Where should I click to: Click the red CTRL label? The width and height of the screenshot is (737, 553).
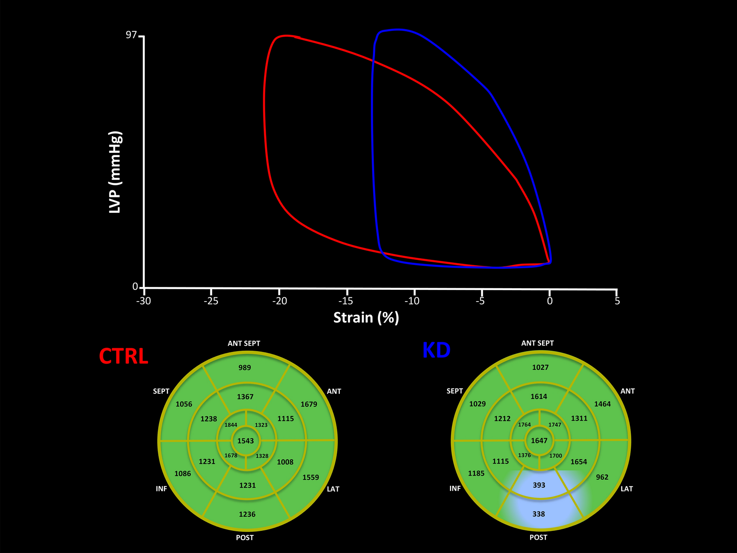(123, 356)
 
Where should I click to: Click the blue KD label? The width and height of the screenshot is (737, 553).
(436, 351)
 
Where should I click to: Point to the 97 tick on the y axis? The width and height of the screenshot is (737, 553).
(132, 35)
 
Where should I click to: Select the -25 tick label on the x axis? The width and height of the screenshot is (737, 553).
(211, 301)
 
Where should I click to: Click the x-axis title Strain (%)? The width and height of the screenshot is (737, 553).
(366, 318)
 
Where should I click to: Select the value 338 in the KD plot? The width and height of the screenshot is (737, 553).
(538, 514)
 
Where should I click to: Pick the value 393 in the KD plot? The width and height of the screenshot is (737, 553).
(539, 485)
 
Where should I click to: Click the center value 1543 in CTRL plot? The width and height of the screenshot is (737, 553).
(245, 441)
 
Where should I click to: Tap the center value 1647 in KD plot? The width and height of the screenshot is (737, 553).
(539, 441)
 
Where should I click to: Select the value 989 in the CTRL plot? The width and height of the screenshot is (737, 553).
(244, 368)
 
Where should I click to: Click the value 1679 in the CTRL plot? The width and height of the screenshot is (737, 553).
(309, 404)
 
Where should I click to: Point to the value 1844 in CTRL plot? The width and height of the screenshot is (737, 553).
(231, 425)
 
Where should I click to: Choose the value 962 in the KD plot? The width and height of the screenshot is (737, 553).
(602, 477)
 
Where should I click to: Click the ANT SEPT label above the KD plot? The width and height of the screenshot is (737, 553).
(537, 344)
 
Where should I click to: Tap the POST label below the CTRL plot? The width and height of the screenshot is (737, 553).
(244, 538)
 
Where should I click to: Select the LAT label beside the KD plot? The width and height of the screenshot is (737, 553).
(626, 489)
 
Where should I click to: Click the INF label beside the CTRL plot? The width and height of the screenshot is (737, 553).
(161, 489)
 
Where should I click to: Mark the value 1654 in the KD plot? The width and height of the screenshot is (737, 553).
(578, 462)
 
